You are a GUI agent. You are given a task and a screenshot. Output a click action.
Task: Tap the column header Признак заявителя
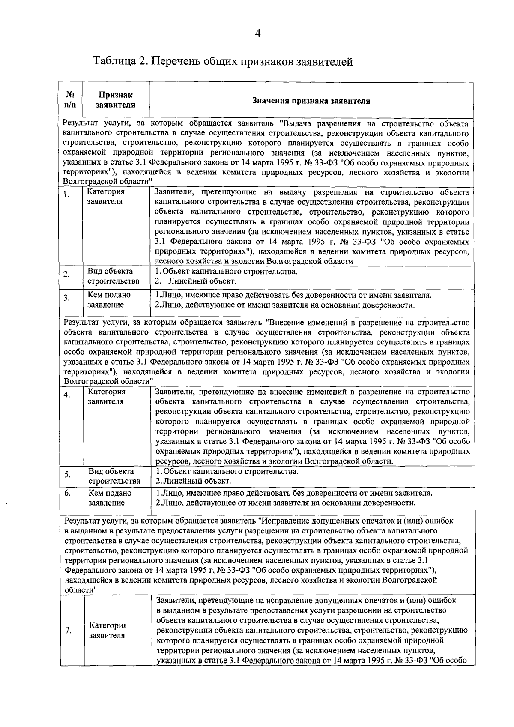[115, 100]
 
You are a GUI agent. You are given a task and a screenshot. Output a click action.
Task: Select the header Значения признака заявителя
[311, 101]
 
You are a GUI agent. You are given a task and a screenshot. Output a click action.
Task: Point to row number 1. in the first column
[66, 196]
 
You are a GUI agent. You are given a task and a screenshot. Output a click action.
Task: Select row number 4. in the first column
[67, 395]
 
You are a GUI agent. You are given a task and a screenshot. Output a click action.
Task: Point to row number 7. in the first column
[68, 630]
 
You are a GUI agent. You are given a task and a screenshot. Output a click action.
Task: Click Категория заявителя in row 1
[106, 197]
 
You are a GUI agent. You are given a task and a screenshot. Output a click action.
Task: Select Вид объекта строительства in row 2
[114, 276]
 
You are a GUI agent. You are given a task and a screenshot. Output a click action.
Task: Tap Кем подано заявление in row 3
[109, 300]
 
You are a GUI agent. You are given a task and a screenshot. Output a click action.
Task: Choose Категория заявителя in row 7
[108, 630]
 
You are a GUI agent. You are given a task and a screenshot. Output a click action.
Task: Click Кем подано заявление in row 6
[110, 498]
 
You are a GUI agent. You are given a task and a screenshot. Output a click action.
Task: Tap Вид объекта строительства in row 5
[114, 476]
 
